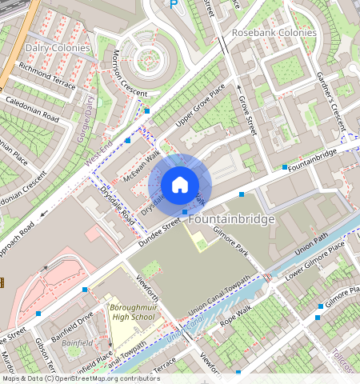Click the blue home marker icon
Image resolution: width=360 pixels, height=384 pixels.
[180, 185]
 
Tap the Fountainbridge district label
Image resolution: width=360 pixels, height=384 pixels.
[231, 218]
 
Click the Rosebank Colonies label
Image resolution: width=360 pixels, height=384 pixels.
[274, 33]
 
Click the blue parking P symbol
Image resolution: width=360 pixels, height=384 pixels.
[174, 4]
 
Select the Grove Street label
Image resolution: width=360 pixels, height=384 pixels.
[246, 114]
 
